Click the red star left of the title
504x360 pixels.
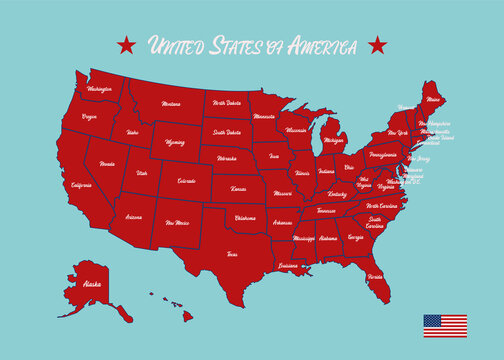point(127,44)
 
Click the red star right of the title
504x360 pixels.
point(377,44)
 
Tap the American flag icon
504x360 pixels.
point(444,325)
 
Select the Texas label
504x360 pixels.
point(232,254)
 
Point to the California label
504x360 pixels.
point(81,185)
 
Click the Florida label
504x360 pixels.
point(375,275)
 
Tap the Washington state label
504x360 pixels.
point(100,89)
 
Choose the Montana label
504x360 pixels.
point(171,104)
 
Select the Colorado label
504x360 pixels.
point(186,181)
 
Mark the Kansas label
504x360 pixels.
point(238,188)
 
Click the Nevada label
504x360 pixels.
point(107,163)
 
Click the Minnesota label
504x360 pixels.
point(264,117)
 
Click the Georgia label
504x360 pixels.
point(356,238)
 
